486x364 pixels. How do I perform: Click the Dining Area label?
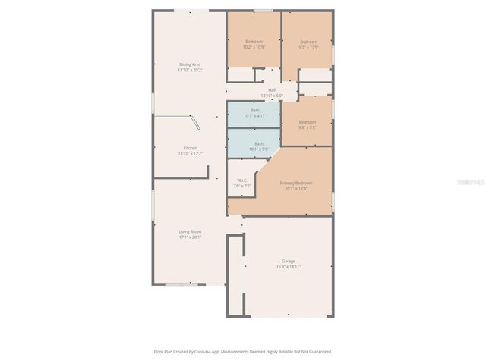pyautogui.click(x=190, y=64)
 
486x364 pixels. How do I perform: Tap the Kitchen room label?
pyautogui.click(x=190, y=148)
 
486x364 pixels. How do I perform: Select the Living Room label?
pyautogui.click(x=190, y=231)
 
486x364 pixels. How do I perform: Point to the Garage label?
pyautogui.click(x=289, y=261)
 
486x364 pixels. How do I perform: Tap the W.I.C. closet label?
pyautogui.click(x=242, y=180)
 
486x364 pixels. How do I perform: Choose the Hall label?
pyautogui.click(x=272, y=89)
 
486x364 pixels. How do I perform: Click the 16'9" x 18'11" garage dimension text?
pyautogui.click(x=289, y=267)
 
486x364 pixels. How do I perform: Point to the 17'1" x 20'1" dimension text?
pyautogui.click(x=190, y=237)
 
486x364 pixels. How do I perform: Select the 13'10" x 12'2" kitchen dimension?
pyautogui.click(x=190, y=153)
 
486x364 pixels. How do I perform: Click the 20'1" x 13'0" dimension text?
pyautogui.click(x=296, y=188)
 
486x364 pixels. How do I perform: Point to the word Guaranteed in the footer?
pyautogui.click(x=317, y=351)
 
